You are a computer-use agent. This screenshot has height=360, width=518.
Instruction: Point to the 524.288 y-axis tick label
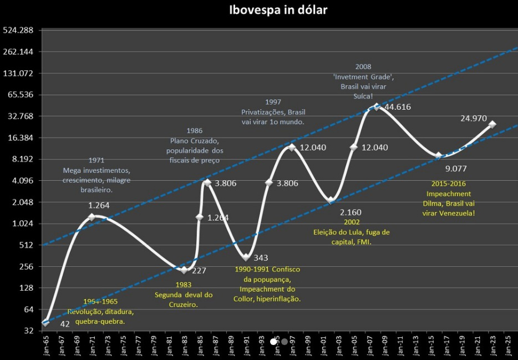[x=18, y=30]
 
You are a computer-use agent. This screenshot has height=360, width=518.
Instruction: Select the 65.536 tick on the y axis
[x=19, y=94]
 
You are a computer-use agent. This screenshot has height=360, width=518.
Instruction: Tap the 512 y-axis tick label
[x=26, y=245]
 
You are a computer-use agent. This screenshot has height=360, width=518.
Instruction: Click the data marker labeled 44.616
[x=377, y=107]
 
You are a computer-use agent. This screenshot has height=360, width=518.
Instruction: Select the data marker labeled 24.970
[x=492, y=124]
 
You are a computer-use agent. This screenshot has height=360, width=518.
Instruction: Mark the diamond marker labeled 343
[x=246, y=257]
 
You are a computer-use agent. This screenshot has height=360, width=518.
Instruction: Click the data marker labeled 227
[x=184, y=270]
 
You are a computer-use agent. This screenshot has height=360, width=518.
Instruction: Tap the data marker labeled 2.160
[x=331, y=200]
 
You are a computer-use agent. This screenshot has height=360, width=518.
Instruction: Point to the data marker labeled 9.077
[x=439, y=156]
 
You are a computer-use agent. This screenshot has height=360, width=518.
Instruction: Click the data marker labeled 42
[x=45, y=323]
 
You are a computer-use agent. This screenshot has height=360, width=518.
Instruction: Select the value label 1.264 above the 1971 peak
[x=100, y=205]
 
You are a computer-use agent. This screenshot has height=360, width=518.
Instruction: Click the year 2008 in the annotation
[x=363, y=67]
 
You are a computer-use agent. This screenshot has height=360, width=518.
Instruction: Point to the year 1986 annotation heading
[x=194, y=130]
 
